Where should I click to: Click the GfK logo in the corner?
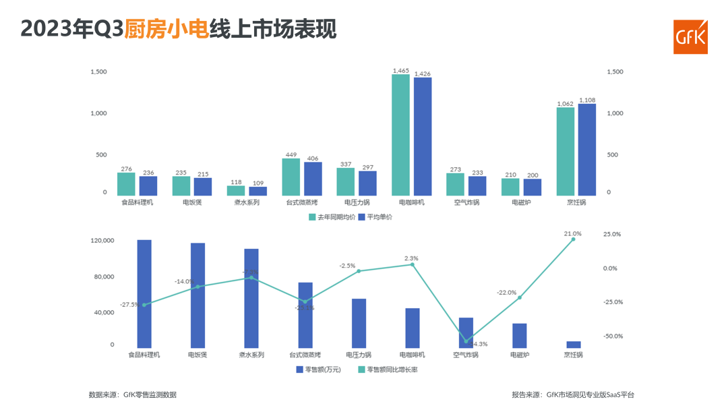[x=691, y=36]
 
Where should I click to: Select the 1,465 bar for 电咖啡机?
[x=400, y=135]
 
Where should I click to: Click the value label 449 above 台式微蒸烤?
[x=291, y=154]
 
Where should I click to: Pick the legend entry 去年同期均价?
[x=330, y=217]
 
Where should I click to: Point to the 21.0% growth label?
[x=572, y=233]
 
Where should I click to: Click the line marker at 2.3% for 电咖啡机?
[x=413, y=264]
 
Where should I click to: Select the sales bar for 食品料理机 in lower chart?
[x=144, y=293]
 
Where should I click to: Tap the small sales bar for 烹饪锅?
[x=574, y=345]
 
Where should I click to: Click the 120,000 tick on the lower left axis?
[x=103, y=241]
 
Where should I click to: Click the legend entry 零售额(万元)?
[x=318, y=370]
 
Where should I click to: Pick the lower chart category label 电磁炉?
[x=520, y=355]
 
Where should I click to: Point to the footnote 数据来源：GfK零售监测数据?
[x=133, y=394]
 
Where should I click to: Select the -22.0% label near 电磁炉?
[x=506, y=293]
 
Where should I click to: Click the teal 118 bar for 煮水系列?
[x=236, y=191]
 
